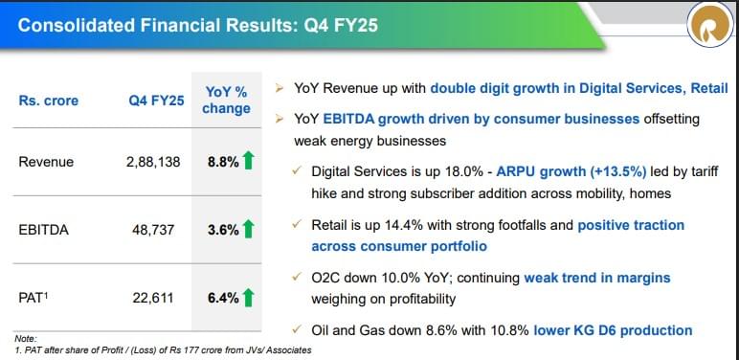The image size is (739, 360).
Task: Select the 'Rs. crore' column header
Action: [x=49, y=101]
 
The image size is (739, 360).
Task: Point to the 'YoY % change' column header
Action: [x=226, y=100]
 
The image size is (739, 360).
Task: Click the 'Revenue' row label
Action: [x=46, y=162]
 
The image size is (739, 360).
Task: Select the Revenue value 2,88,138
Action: [x=153, y=162]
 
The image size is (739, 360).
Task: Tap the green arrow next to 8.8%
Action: [x=249, y=161]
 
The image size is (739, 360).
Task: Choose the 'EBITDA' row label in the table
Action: [x=42, y=230]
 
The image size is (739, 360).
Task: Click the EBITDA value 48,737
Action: [x=158, y=230]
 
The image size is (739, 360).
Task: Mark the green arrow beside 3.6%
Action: [x=249, y=230]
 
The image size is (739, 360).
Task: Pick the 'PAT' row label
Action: [x=34, y=298]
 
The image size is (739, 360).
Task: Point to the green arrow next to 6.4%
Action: [x=249, y=298]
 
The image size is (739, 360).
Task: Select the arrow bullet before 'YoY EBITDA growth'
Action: [x=279, y=119]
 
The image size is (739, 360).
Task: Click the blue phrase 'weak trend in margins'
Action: [x=597, y=278]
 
